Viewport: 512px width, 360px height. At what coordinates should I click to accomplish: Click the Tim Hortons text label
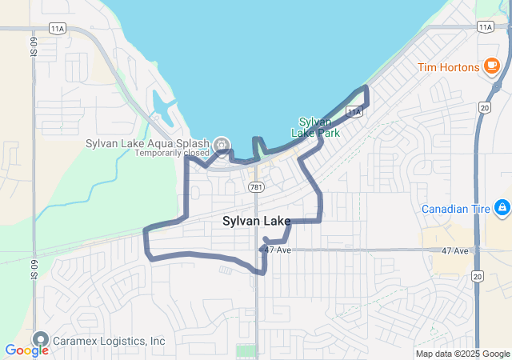[447, 67]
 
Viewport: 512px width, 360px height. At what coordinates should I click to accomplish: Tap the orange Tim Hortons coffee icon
[491, 66]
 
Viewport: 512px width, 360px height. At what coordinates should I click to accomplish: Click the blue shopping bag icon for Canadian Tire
[502, 208]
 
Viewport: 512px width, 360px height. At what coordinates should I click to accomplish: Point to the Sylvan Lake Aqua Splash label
[148, 144]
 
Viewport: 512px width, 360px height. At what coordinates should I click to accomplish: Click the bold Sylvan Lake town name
[257, 221]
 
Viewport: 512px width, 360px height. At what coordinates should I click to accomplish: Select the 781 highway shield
[255, 187]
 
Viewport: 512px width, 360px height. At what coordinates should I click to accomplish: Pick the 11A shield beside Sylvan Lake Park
[355, 112]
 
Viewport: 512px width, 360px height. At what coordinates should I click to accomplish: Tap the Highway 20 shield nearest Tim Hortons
[485, 106]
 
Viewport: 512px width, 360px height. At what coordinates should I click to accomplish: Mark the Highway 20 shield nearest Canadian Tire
[478, 276]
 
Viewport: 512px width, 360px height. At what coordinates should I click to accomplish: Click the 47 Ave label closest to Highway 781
[277, 250]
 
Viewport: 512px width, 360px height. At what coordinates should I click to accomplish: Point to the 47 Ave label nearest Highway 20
[454, 251]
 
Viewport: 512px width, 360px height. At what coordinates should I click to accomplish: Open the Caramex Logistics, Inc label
[109, 342]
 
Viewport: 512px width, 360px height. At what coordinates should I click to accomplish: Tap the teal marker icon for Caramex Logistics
[41, 339]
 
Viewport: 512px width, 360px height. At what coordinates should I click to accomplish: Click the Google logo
[26, 350]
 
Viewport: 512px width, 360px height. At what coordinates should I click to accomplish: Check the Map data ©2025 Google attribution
[462, 354]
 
